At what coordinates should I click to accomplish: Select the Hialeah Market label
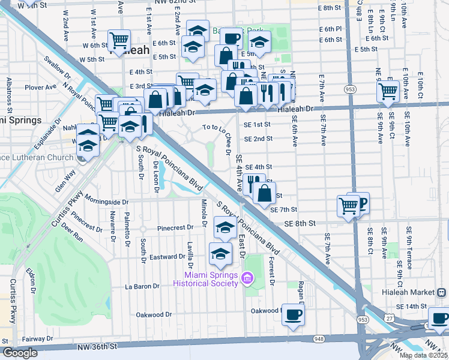coord(410,292)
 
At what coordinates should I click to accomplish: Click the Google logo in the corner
coord(20,353)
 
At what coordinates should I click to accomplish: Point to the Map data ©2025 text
coord(423,355)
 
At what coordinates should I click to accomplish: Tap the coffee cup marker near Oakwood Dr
coord(293,314)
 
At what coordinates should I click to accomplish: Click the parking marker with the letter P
coord(358,202)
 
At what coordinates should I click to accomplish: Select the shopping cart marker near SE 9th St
coord(388,91)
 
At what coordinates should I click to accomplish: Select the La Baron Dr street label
coord(142,286)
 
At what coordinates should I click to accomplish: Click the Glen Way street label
coord(66,180)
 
